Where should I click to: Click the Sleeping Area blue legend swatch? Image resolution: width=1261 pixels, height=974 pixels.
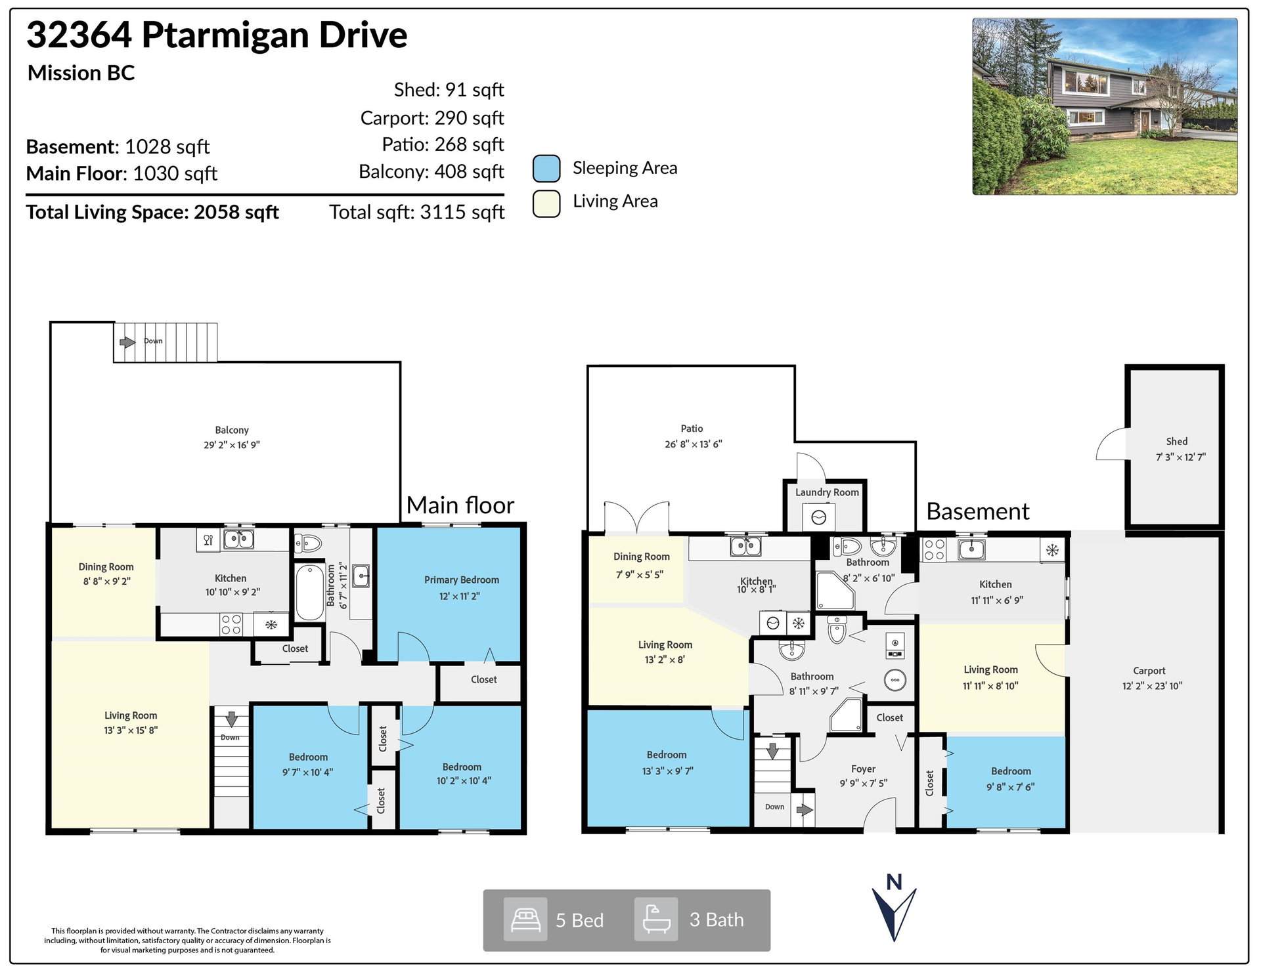(x=546, y=168)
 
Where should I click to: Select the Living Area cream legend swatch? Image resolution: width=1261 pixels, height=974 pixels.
(x=546, y=203)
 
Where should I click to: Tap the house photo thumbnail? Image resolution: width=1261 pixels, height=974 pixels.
(x=1105, y=106)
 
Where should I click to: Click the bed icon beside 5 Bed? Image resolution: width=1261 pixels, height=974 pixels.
(x=525, y=920)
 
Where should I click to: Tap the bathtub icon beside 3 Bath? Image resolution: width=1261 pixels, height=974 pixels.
(x=656, y=920)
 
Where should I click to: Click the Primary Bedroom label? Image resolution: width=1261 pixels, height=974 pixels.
(x=461, y=580)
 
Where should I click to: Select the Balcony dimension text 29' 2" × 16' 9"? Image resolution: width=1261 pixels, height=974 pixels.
(x=232, y=445)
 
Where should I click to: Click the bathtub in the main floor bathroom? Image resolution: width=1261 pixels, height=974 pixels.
(x=309, y=592)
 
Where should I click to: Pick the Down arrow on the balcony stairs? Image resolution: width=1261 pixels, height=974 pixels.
(x=127, y=342)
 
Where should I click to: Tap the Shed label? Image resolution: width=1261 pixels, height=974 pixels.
(x=1176, y=442)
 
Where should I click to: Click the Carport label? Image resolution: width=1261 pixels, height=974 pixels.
(x=1149, y=671)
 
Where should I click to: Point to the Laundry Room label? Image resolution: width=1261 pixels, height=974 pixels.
(x=827, y=492)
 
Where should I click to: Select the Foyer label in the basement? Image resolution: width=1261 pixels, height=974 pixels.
(x=863, y=769)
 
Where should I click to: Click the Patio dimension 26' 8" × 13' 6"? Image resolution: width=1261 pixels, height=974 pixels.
(x=693, y=444)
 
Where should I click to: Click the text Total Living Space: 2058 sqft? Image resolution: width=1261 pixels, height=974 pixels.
(x=152, y=212)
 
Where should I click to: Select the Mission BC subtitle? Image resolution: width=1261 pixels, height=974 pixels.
(x=81, y=73)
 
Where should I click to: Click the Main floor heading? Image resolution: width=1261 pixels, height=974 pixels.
(x=460, y=505)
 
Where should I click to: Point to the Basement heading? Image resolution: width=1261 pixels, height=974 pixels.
(x=977, y=511)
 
